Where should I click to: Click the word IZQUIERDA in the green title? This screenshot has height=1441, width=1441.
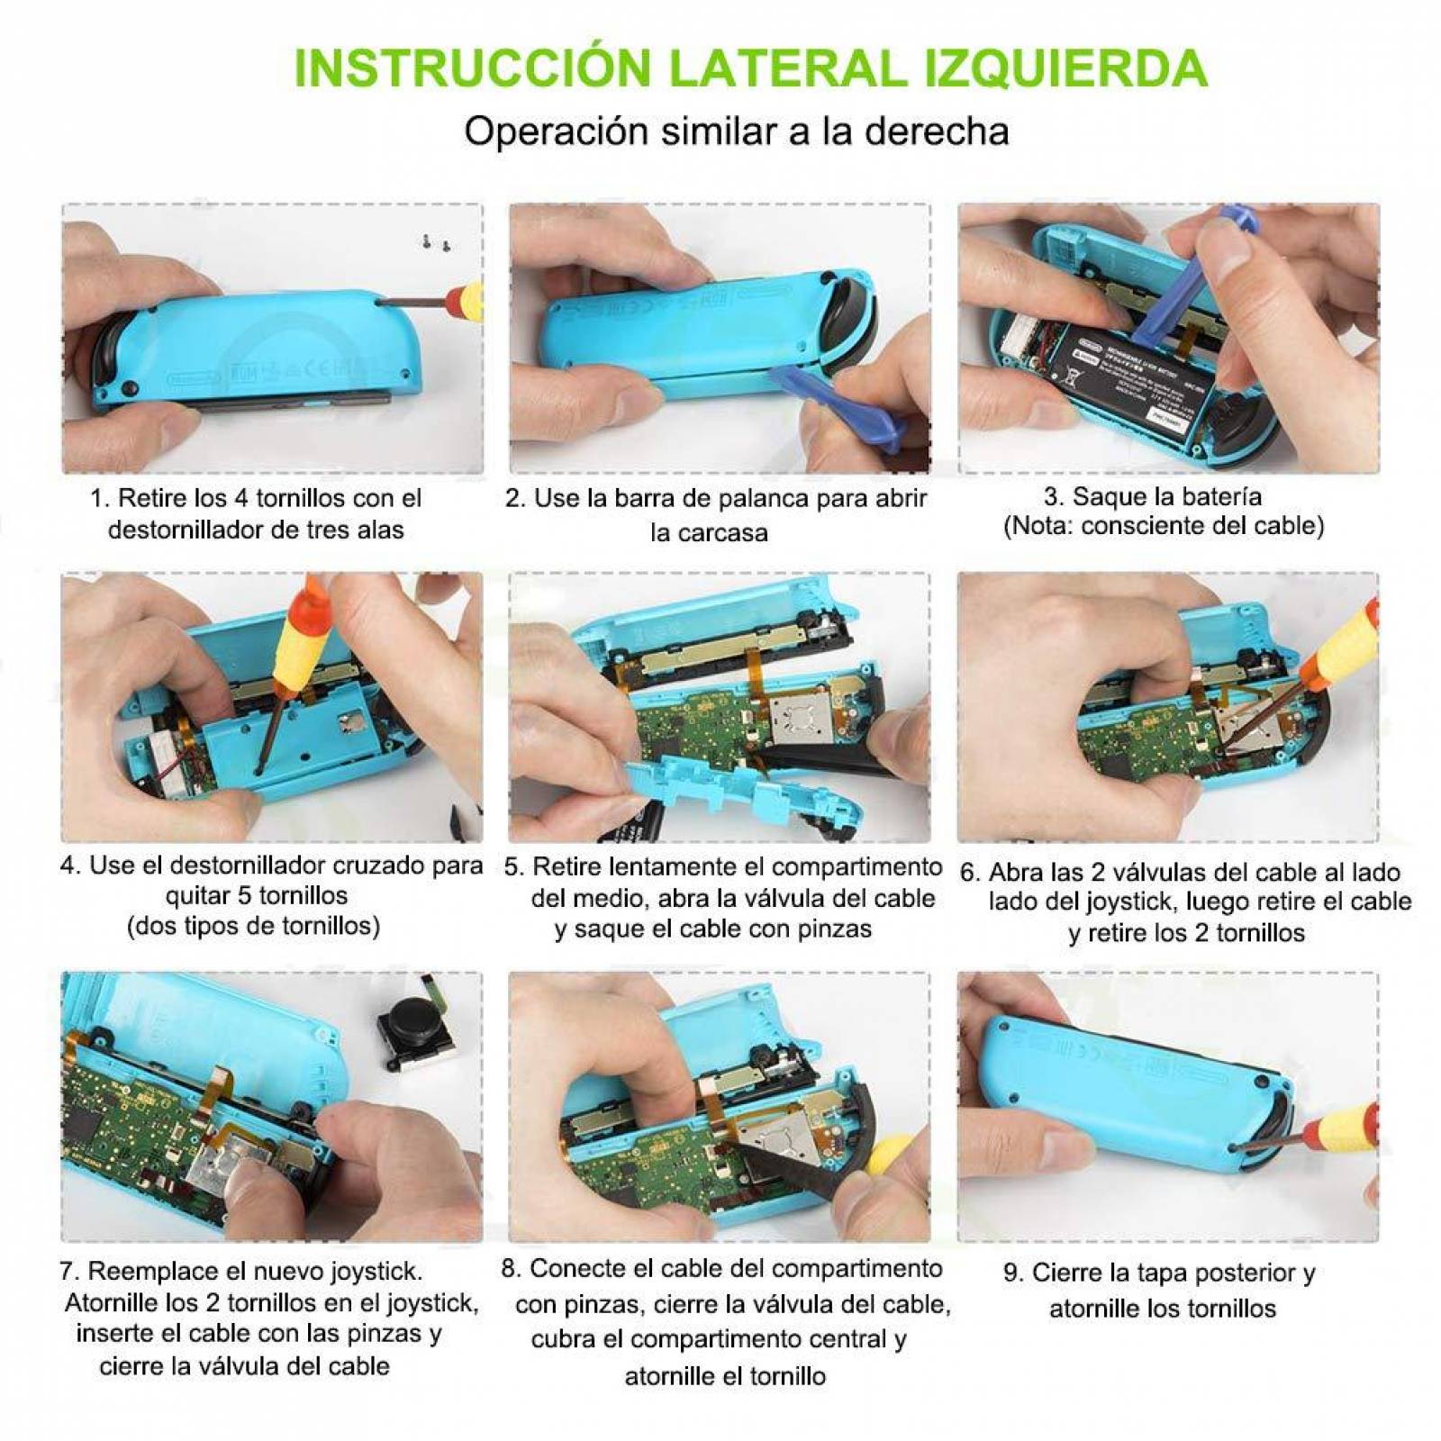1065,68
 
